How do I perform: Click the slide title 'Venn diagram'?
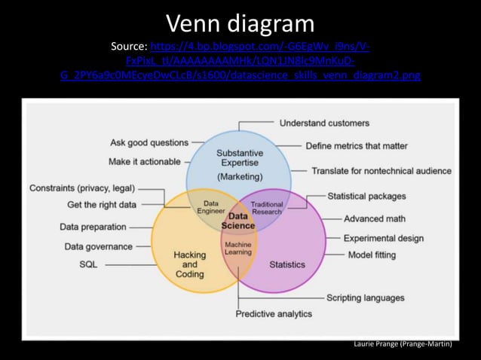(240, 22)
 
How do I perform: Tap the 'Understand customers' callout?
(324, 123)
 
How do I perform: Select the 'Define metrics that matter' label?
(357, 145)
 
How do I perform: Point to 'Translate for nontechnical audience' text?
(381, 171)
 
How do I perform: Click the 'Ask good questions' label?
(149, 142)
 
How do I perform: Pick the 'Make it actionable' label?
(145, 161)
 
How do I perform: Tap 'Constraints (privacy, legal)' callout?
(82, 188)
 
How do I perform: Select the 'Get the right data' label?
(102, 205)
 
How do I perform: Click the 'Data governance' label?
(98, 246)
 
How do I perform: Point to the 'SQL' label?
(88, 264)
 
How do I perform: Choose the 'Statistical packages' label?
(366, 197)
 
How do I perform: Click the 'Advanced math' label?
(375, 218)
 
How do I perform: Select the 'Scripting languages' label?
(365, 297)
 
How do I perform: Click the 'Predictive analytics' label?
(274, 313)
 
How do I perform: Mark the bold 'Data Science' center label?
(237, 221)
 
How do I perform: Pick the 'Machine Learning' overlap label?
(238, 249)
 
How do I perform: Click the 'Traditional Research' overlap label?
(267, 208)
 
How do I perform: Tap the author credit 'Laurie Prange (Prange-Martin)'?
(403, 343)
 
